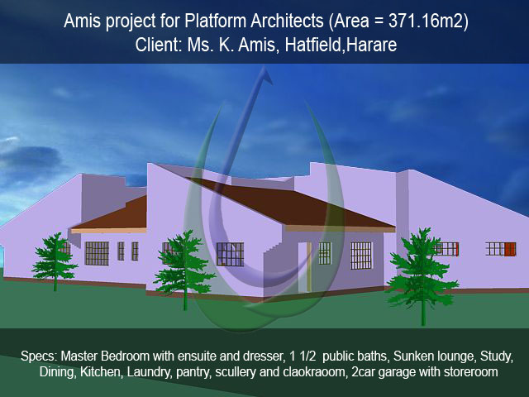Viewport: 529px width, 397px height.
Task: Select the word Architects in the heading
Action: [x=287, y=21]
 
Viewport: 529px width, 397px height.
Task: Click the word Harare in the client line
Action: [x=371, y=45]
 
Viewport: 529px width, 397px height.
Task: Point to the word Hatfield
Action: [x=312, y=45]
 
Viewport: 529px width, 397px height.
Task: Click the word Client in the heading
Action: [x=159, y=45]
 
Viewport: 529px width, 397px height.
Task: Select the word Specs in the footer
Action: [x=39, y=356]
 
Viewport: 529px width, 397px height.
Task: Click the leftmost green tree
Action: [x=55, y=261]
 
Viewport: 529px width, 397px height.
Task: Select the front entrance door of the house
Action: [x=305, y=266]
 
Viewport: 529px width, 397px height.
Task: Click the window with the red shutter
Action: [x=501, y=249]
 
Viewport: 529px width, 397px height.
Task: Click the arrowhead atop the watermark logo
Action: [x=264, y=76]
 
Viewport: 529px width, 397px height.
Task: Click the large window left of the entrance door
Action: [x=230, y=254]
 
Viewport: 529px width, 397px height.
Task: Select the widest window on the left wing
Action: [x=97, y=253]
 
